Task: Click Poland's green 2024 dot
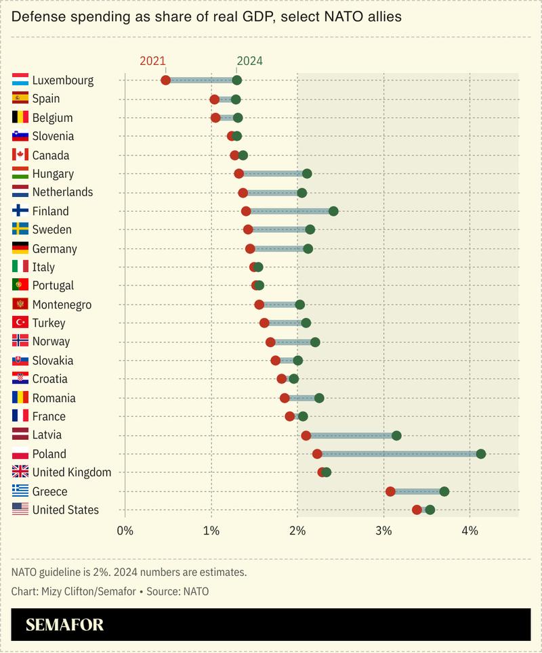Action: click(x=481, y=453)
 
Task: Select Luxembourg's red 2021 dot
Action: click(x=165, y=81)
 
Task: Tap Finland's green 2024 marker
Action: click(x=333, y=211)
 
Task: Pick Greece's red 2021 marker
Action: click(x=390, y=491)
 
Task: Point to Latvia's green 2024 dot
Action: click(x=396, y=435)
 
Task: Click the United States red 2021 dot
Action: click(x=417, y=510)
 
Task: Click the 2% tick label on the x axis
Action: click(x=297, y=531)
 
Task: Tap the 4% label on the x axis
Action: click(x=470, y=531)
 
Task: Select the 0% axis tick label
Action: click(x=125, y=531)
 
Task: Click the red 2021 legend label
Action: click(x=152, y=61)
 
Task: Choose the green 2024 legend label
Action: click(x=249, y=61)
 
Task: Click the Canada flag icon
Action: click(x=20, y=155)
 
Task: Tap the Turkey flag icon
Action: click(x=20, y=323)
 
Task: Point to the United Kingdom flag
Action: click(x=20, y=472)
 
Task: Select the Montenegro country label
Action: click(x=62, y=305)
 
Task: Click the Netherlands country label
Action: click(x=62, y=192)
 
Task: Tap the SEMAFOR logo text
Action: click(x=65, y=625)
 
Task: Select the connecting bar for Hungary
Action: click(x=272, y=174)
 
